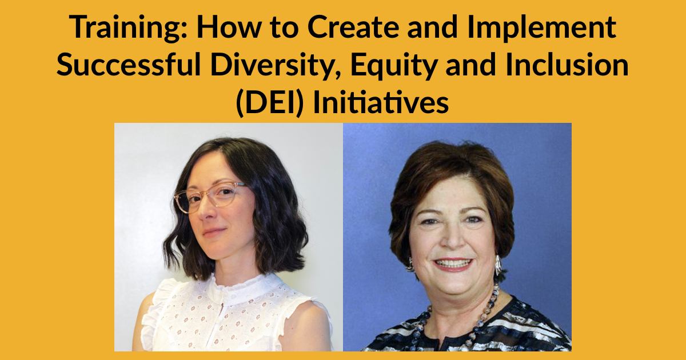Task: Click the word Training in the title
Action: [128, 28]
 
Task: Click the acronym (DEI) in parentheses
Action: [270, 102]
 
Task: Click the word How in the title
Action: [229, 27]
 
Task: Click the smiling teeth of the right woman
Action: [453, 263]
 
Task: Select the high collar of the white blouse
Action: [242, 286]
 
